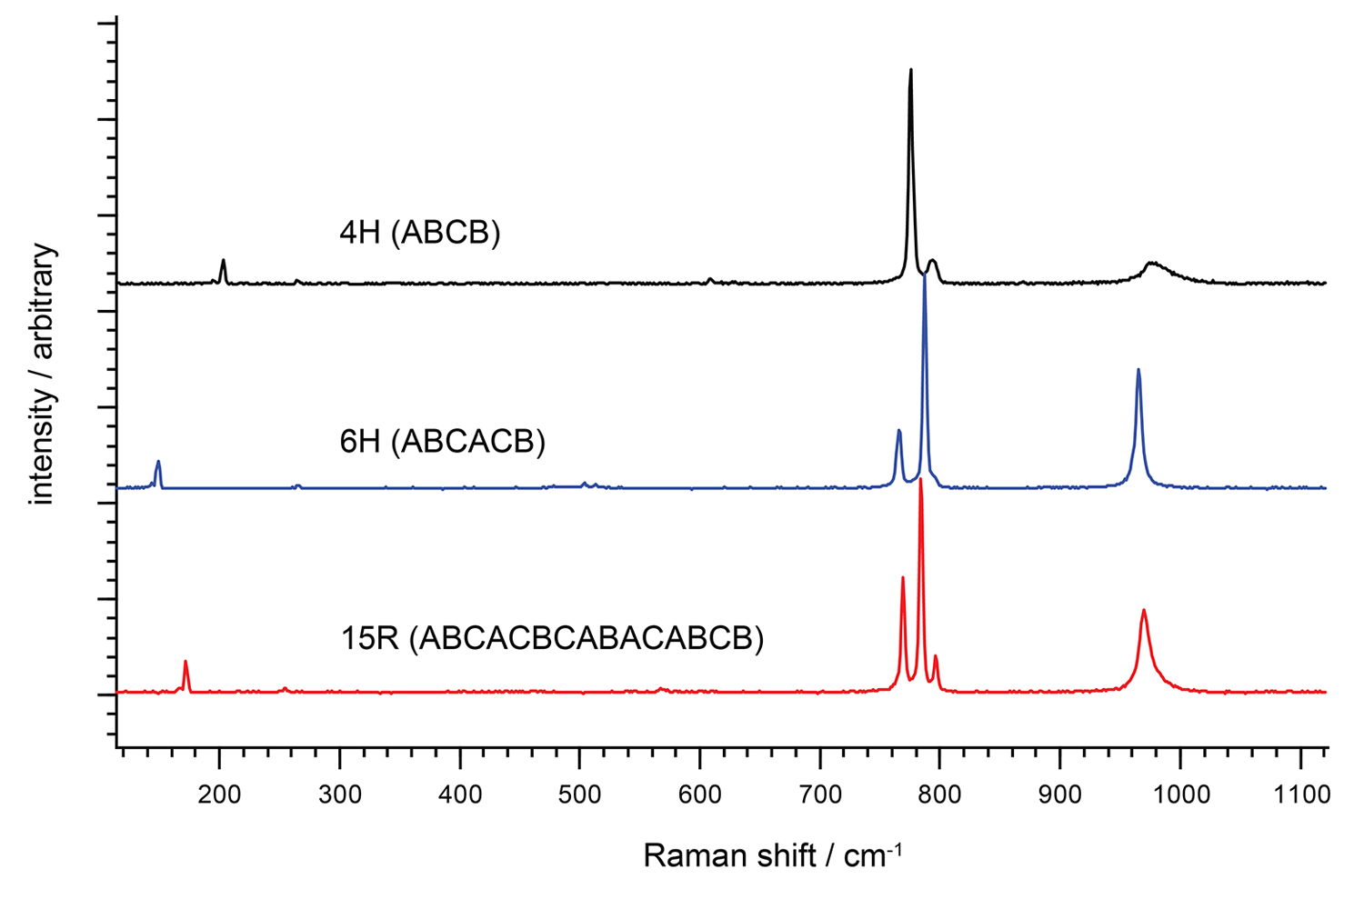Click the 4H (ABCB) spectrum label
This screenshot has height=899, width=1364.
click(419, 234)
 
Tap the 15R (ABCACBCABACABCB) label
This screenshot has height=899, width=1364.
click(552, 638)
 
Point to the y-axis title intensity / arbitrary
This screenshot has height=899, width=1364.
click(42, 374)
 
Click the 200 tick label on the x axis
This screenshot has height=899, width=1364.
click(219, 794)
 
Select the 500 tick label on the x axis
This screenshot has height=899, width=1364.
click(579, 794)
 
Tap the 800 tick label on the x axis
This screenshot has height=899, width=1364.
click(939, 794)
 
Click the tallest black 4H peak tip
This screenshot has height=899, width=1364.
click(910, 70)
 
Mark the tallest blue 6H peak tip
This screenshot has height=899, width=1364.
click(925, 274)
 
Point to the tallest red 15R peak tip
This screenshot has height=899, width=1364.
click(921, 479)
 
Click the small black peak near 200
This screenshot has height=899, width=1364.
click(223, 261)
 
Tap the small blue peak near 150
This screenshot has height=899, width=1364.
click(158, 462)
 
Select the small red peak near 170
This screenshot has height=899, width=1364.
click(186, 662)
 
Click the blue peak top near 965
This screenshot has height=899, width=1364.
click(1138, 370)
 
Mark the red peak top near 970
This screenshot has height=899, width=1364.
click(1144, 611)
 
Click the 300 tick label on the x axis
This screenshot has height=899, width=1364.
click(339, 794)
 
